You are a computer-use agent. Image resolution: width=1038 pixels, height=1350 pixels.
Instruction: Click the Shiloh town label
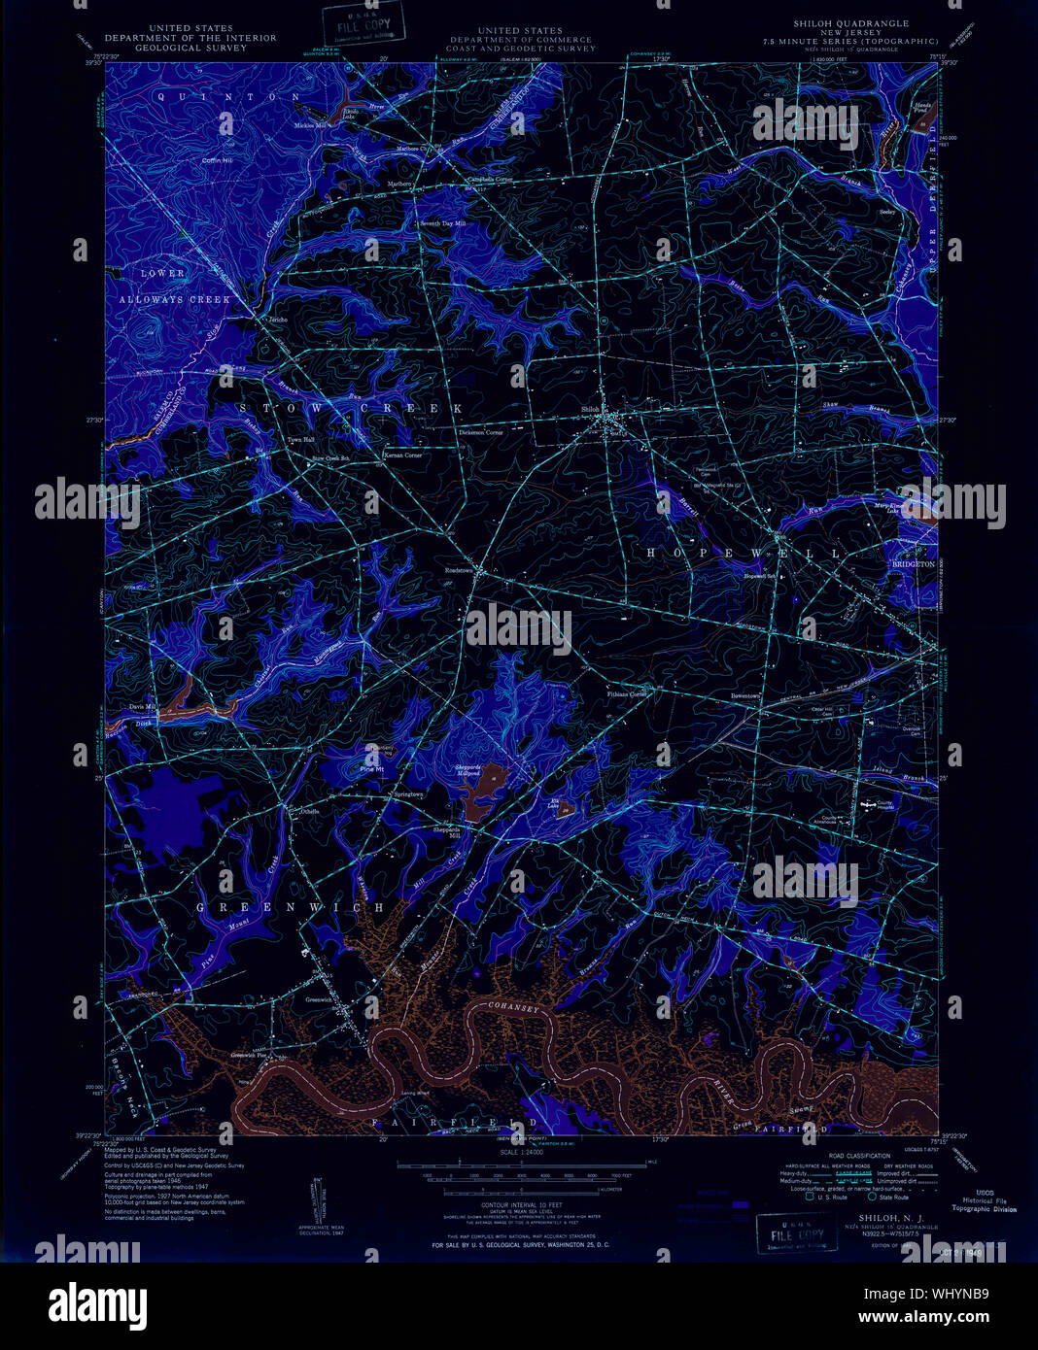click(x=589, y=409)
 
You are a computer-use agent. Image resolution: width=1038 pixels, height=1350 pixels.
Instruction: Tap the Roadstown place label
click(x=458, y=570)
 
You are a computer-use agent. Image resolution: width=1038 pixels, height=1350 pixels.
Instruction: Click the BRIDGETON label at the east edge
click(x=913, y=563)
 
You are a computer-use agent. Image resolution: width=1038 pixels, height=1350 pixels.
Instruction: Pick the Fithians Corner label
click(x=625, y=694)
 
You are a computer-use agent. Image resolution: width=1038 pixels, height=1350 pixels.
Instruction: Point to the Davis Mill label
click(x=142, y=706)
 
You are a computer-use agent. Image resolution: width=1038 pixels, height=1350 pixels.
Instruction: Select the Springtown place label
click(x=408, y=794)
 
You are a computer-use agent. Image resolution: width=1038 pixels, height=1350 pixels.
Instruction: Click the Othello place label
click(x=309, y=811)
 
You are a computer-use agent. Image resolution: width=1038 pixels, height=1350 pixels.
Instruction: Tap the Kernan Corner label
click(x=402, y=455)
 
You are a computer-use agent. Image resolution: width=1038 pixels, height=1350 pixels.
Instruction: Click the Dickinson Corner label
click(x=481, y=432)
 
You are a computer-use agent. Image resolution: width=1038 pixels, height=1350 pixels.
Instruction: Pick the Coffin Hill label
click(x=217, y=160)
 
